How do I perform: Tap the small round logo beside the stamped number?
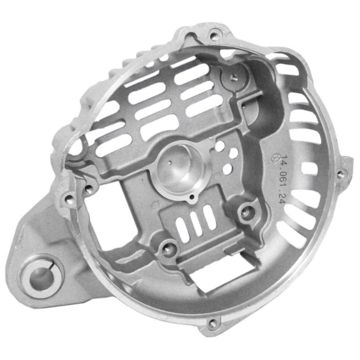click(276, 159)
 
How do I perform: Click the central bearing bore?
click(181, 167)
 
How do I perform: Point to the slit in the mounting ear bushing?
click(53, 268)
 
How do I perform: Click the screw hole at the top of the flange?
click(214, 36)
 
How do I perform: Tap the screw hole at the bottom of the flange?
click(212, 324)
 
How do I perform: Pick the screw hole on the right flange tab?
click(340, 174)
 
